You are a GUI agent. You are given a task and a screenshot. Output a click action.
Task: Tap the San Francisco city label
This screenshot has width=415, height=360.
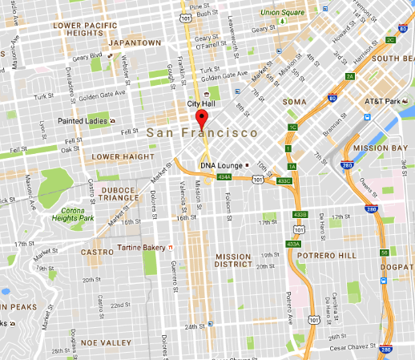click(x=202, y=132)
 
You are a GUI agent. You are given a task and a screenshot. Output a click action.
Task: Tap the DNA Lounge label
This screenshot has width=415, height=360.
click(x=216, y=164)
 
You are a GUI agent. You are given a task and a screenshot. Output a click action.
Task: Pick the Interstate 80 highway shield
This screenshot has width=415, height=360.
click(x=332, y=99)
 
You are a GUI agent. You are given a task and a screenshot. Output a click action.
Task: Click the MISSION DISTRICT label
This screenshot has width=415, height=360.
click(x=233, y=262)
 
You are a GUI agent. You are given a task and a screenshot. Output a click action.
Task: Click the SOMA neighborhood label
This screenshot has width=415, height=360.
click(x=295, y=103)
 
